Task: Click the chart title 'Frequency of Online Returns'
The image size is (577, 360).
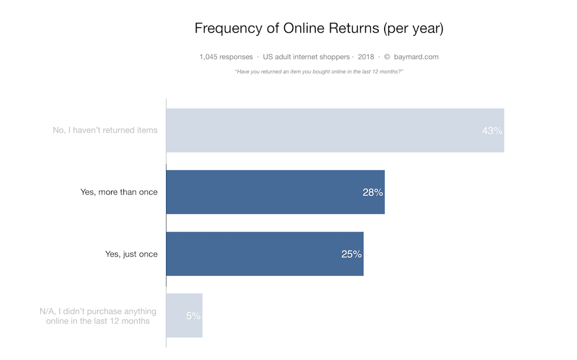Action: click(x=318, y=28)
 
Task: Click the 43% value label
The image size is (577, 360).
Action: click(x=492, y=130)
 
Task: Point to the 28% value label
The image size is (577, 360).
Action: click(x=372, y=192)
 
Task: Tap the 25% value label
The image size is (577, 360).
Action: click(x=352, y=254)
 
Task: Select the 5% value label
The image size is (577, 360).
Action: click(x=193, y=316)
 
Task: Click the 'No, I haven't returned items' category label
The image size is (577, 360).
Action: click(x=105, y=130)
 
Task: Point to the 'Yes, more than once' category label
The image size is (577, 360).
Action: click(x=119, y=192)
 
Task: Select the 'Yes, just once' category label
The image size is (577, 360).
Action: click(x=131, y=254)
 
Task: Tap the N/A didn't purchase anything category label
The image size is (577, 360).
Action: click(x=98, y=316)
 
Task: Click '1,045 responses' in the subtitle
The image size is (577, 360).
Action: click(x=226, y=57)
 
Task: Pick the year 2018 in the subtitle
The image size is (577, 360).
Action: click(x=366, y=57)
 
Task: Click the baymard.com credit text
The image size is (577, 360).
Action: click(x=416, y=57)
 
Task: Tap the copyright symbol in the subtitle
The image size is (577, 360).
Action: click(x=387, y=57)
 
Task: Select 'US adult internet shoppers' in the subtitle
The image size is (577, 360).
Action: click(x=307, y=57)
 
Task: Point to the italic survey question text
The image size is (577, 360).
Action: click(x=318, y=71)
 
